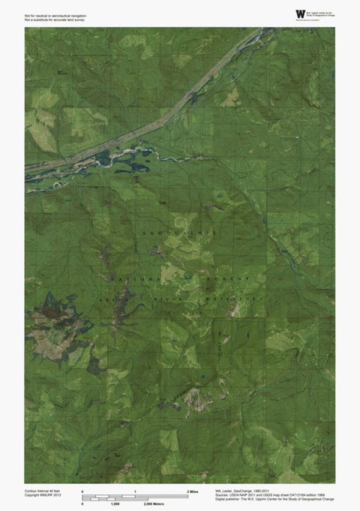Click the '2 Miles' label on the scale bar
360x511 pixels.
(x=192, y=490)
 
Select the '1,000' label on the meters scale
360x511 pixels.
(x=115, y=504)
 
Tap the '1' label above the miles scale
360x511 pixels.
(x=135, y=490)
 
